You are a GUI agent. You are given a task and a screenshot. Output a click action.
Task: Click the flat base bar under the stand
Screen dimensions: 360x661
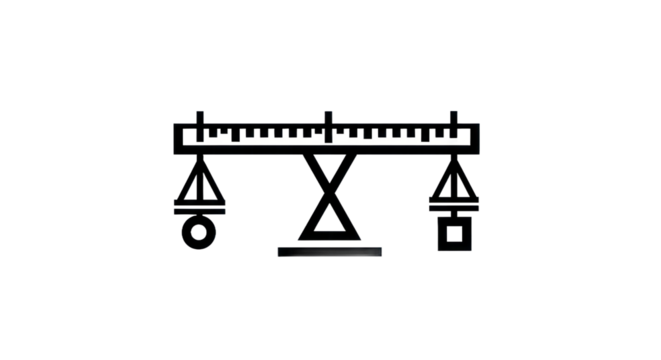click(x=330, y=251)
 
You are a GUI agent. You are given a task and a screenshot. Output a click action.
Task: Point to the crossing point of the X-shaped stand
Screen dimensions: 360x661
click(x=329, y=187)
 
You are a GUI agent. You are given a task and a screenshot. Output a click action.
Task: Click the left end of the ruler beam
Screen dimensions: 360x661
click(x=177, y=137)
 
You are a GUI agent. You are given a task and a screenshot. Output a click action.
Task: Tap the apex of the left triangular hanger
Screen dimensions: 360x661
click(x=201, y=161)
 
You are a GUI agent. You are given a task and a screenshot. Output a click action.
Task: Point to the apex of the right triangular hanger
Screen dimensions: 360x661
click(x=456, y=161)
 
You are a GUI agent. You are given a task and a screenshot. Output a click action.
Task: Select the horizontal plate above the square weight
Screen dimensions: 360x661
click(x=455, y=207)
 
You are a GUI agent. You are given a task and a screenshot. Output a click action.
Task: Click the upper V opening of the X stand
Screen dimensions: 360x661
click(x=329, y=166)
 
